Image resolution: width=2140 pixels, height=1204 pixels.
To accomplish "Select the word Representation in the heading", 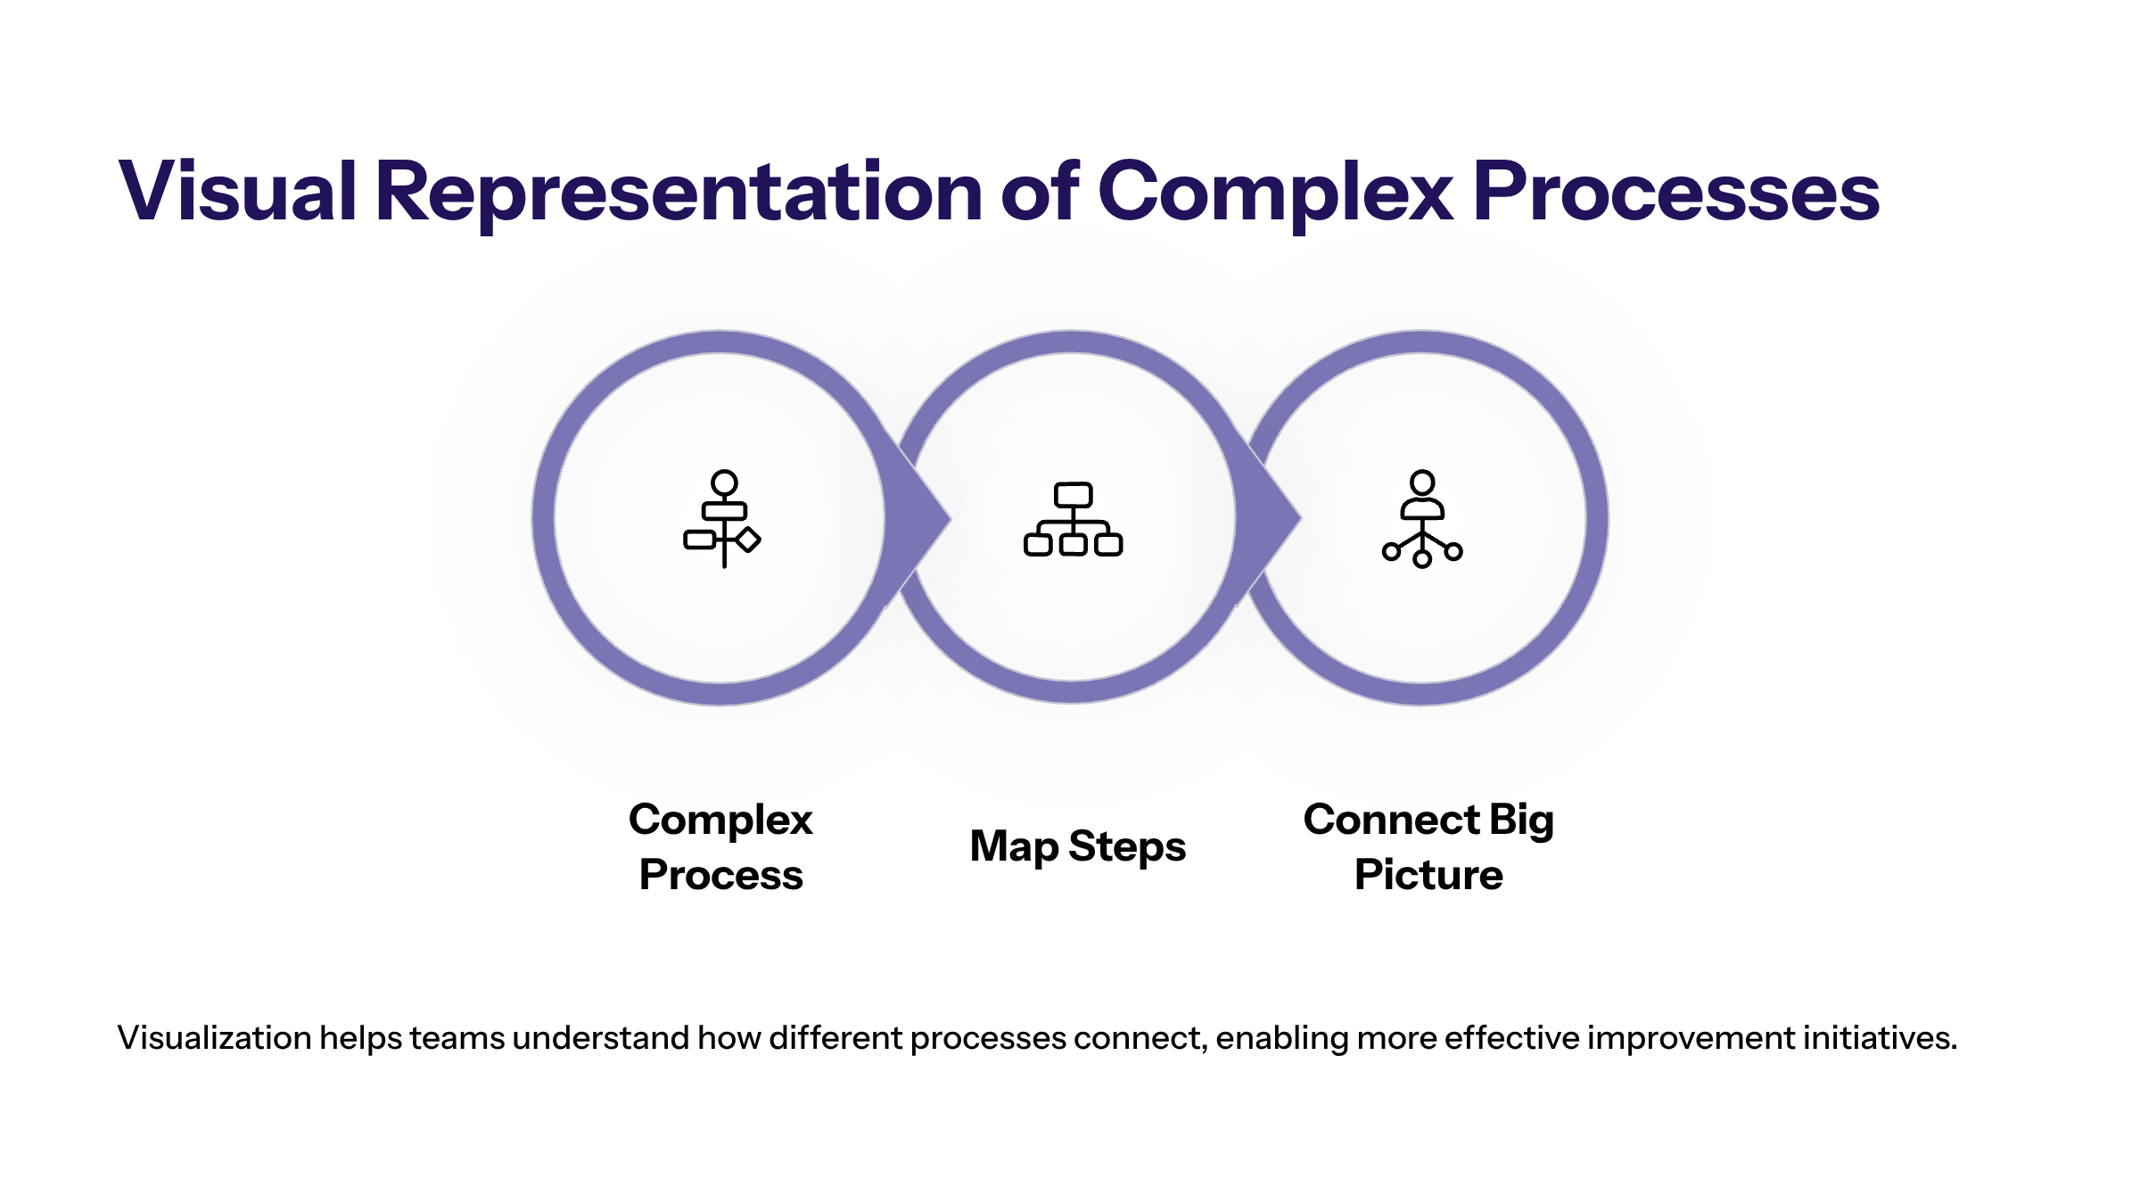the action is click(679, 191).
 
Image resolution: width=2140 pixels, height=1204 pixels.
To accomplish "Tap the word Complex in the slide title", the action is click(1276, 191).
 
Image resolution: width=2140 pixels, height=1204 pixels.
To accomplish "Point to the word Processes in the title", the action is click(1676, 191).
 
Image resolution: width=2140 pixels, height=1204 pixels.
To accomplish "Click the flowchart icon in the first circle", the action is click(722, 519).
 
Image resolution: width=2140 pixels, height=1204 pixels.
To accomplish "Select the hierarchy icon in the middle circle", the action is click(1073, 519).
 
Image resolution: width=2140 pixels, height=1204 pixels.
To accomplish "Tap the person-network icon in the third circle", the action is click(1422, 519).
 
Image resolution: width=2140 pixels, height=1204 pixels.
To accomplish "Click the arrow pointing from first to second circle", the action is click(918, 518).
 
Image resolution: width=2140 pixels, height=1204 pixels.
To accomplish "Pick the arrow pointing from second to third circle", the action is click(1268, 518).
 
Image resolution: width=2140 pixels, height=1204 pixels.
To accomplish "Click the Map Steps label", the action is click(1077, 846).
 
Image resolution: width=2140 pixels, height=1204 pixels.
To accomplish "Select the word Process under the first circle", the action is click(721, 874).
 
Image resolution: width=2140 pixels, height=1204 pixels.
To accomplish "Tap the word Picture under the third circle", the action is click(1428, 874).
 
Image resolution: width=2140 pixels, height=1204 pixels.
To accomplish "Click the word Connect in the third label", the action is click(1391, 819).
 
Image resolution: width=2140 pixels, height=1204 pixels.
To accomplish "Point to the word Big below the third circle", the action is click(1521, 821).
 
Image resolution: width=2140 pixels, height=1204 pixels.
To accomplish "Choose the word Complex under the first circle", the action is click(720, 821).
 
